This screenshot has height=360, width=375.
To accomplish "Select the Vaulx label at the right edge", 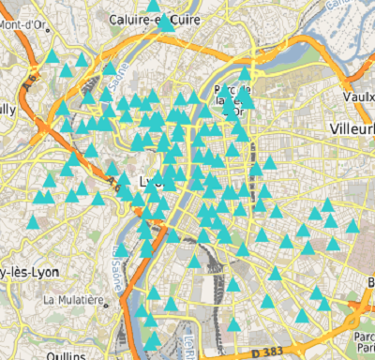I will tap(358, 97).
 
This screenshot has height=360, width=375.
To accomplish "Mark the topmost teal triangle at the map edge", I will tap(153, 5).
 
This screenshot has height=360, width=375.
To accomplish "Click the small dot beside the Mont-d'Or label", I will tap(47, 18).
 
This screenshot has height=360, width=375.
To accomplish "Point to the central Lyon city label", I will tap(150, 180).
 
